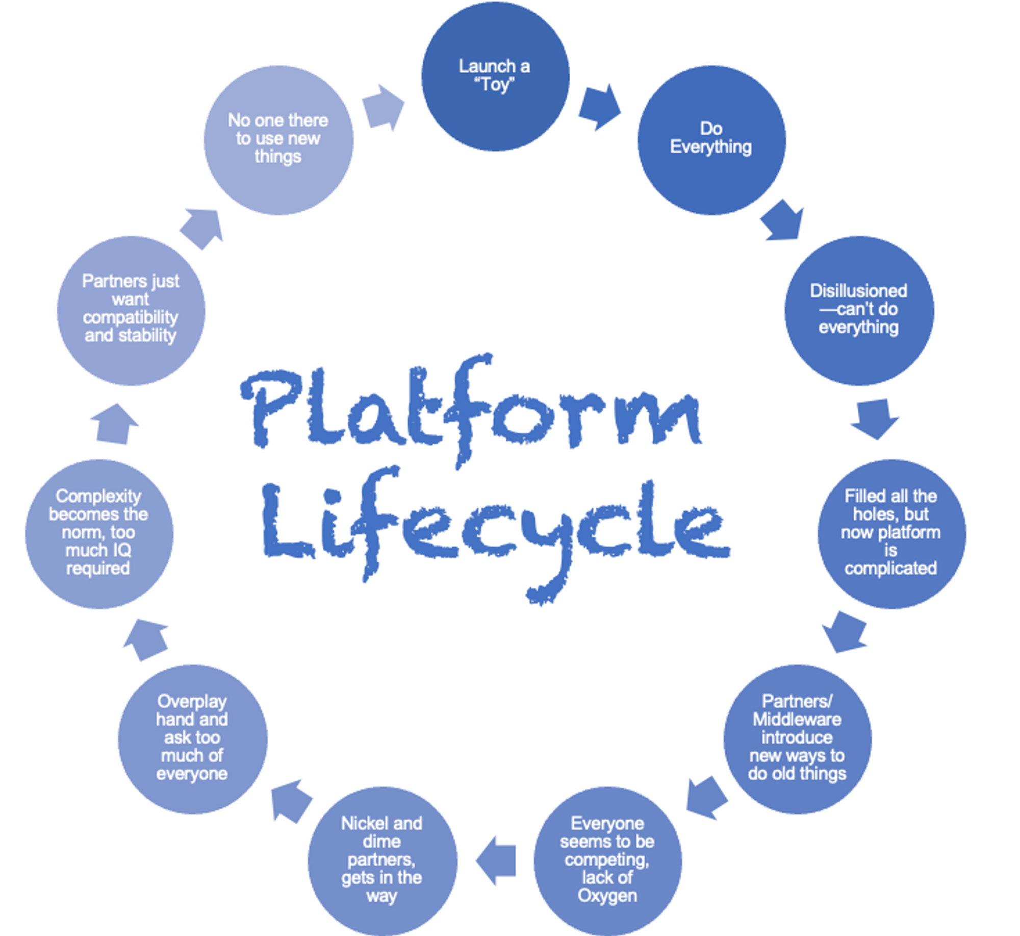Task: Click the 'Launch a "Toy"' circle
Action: (x=495, y=77)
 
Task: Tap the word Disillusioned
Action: (x=858, y=291)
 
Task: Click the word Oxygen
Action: (x=607, y=896)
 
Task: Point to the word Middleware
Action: (x=797, y=720)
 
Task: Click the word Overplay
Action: (x=192, y=701)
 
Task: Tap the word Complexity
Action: (x=98, y=496)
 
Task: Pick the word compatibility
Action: (x=131, y=317)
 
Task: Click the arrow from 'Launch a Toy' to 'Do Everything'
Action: (x=599, y=107)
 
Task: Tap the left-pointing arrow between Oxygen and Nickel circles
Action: (x=496, y=860)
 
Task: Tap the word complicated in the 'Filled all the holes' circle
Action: (x=890, y=569)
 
